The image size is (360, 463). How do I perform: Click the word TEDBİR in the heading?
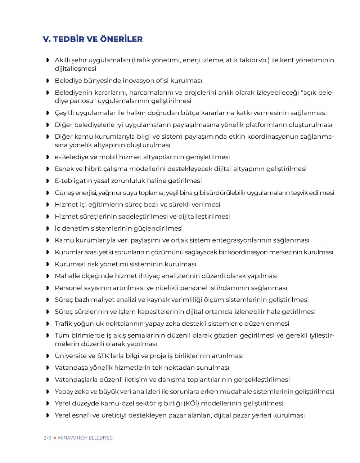67,39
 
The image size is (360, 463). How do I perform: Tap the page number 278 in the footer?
47,438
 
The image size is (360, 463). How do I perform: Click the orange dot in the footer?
54,438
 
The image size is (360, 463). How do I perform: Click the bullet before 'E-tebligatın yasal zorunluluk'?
48,181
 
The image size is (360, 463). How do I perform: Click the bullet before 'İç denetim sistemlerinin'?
48,228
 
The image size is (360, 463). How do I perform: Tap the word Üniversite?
71,356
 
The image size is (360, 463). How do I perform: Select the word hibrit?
94,169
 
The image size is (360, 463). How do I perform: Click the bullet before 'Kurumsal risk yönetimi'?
48,264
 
